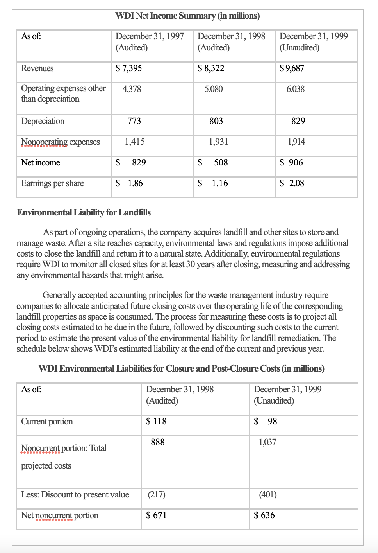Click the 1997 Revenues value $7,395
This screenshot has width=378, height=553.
tap(128, 68)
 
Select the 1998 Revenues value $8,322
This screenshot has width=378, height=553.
tap(211, 68)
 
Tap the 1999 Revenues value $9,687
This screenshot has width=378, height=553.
tap(292, 68)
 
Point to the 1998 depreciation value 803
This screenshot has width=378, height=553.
tap(216, 121)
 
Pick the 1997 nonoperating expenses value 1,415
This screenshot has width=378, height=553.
tap(134, 142)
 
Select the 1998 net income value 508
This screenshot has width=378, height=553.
tap(220, 163)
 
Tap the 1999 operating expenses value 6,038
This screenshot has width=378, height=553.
tap(295, 89)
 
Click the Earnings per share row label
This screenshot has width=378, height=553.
tap(52, 183)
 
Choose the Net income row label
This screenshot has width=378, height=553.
tap(41, 163)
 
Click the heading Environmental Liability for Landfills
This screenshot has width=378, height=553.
tap(84, 212)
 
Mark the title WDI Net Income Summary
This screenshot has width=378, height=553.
tap(187, 16)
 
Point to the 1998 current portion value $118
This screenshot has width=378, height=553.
tap(156, 422)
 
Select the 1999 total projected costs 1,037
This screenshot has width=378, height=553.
tap(267, 442)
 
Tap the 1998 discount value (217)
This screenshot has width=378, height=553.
tap(156, 495)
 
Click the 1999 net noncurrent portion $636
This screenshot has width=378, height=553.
tap(264, 515)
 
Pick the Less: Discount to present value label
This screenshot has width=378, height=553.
tap(75, 495)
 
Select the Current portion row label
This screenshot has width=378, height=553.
tap(47, 422)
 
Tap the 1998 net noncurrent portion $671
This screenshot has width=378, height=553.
tap(156, 515)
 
